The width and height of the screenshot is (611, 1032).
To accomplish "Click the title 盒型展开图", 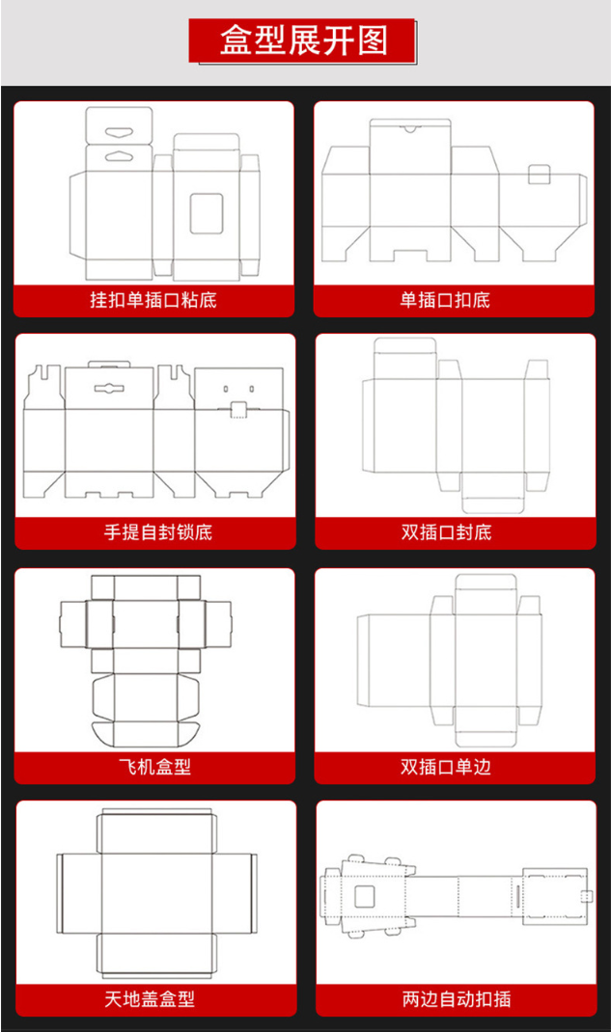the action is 303,41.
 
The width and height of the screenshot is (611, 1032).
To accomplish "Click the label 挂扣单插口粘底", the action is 153,300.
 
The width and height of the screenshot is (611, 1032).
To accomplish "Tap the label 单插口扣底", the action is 445,300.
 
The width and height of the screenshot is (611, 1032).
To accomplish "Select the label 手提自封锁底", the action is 158,531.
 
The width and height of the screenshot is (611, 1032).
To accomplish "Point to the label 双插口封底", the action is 446,531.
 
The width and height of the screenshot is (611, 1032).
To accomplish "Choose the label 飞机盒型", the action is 154,766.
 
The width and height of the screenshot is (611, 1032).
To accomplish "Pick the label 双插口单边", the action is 446,766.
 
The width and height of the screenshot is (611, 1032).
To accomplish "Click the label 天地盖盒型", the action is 150,999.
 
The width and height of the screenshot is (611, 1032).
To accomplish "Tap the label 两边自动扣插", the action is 457,999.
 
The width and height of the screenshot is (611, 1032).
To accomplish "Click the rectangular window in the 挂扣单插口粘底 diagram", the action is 207,213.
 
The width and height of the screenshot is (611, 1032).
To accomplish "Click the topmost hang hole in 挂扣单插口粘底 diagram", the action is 120,131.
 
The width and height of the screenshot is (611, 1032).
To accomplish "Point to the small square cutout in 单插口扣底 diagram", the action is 540,176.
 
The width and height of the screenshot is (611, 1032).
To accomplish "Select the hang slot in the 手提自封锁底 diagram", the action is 109,388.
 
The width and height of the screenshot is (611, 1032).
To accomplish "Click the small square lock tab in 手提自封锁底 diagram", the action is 238,409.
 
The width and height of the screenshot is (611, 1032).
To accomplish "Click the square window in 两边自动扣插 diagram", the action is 365,896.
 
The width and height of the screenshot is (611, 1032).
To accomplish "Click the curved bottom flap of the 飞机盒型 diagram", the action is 146,735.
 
